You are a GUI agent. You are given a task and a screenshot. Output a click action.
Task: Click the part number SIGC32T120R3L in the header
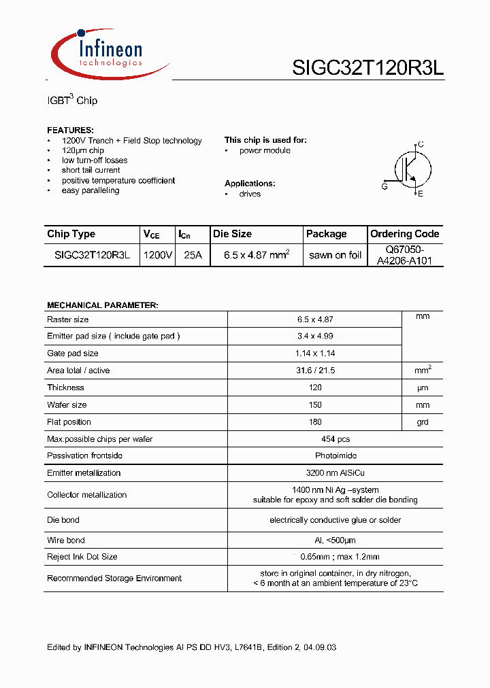367,68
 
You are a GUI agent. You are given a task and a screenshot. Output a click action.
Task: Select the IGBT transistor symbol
411,169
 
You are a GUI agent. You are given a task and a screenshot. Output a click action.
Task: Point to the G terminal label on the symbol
385,186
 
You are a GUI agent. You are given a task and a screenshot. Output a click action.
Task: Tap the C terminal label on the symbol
421,144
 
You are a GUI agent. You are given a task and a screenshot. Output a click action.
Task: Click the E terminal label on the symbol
421,194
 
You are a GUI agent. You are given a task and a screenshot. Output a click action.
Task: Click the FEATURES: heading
70,130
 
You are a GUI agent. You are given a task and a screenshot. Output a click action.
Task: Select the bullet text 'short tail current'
91,170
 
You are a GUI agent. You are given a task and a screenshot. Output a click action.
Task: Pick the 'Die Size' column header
232,234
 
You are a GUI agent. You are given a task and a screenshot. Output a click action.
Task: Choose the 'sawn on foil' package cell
335,255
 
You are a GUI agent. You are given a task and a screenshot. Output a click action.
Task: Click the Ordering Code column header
404,234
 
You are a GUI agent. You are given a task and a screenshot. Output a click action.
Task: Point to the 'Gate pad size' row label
72,354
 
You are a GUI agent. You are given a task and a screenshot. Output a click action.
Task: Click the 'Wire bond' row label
66,540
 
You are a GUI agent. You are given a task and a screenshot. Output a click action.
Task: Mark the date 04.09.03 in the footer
318,648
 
